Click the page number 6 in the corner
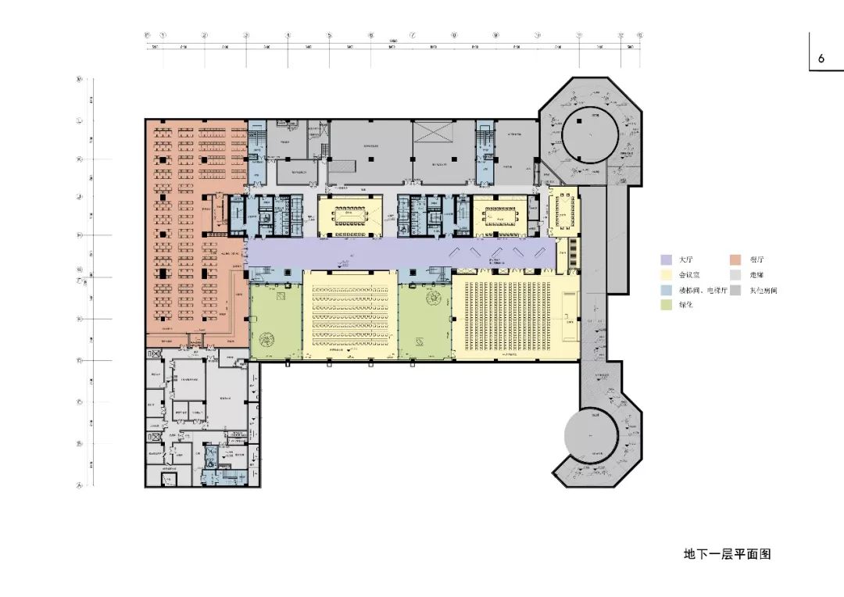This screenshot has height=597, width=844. (x=821, y=59)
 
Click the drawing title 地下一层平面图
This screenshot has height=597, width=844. (x=727, y=554)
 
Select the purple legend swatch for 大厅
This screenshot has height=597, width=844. (x=667, y=259)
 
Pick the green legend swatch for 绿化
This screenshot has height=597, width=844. (x=667, y=305)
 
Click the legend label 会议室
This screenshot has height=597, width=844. (x=688, y=274)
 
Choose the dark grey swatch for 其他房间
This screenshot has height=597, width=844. (x=735, y=290)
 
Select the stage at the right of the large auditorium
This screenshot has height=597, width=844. (x=568, y=317)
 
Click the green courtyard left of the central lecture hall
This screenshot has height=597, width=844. (x=275, y=320)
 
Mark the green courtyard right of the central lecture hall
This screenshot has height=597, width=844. (x=425, y=320)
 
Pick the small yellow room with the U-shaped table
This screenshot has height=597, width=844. (x=563, y=211)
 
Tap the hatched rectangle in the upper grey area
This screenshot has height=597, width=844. (x=341, y=166)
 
